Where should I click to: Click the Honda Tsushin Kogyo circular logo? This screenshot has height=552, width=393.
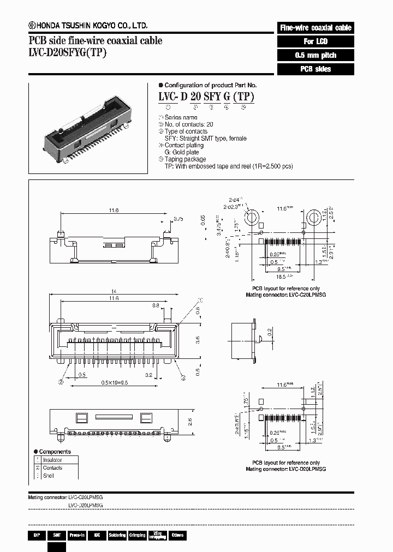click(32, 26)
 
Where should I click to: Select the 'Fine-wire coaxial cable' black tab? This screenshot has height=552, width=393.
click(315, 28)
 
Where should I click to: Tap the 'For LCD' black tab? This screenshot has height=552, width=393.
click(315, 41)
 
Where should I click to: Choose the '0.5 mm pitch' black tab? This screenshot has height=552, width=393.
click(315, 56)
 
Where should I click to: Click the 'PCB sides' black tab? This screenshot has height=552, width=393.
click(315, 69)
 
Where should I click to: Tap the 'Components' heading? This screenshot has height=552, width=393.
click(55, 452)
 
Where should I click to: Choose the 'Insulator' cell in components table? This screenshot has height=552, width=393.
click(52, 460)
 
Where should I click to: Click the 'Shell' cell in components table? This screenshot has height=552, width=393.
click(49, 476)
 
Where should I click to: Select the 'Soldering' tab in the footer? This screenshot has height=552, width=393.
click(117, 536)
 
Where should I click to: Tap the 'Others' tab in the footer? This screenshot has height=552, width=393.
click(177, 536)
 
